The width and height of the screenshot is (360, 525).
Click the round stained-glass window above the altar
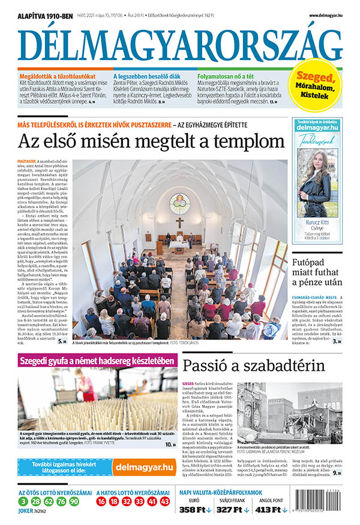click(179, 202)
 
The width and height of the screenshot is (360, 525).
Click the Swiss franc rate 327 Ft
click(232, 510)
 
